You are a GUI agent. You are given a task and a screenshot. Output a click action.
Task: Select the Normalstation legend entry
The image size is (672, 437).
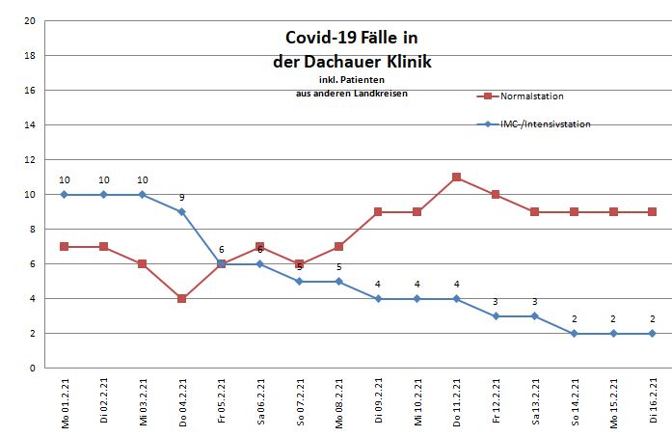point(531,96)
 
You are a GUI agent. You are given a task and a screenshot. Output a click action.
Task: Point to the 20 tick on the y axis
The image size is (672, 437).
point(31,21)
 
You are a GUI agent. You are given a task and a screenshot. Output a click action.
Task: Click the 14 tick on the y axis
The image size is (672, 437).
point(31,125)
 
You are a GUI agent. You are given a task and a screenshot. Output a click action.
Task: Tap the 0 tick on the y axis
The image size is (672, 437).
point(34,369)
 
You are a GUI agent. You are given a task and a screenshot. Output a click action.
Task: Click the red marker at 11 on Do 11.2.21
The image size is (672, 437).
point(456,178)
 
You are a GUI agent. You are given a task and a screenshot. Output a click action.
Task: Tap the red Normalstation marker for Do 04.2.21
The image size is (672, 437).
point(181,299)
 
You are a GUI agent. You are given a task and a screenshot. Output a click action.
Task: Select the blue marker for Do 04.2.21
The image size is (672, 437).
point(181,212)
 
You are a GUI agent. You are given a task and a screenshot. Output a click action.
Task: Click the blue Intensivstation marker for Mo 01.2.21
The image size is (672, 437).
point(65,195)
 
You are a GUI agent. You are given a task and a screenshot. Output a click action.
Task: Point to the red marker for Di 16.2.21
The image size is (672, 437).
point(653,212)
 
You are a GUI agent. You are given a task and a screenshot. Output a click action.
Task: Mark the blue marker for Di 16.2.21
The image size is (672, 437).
point(653,334)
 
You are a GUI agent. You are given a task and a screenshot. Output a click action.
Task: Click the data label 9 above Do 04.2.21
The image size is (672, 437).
point(181,198)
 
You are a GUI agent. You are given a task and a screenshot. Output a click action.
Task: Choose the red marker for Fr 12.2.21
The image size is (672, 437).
point(496,195)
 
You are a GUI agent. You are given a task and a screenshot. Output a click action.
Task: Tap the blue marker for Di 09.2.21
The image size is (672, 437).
point(378,299)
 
